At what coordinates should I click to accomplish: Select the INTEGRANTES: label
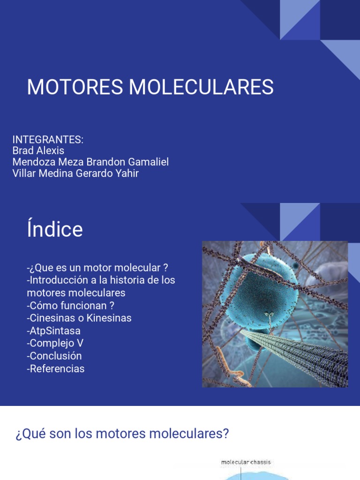[48, 140]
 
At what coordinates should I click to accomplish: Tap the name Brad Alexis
[38, 151]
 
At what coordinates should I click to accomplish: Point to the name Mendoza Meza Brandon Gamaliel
[90, 162]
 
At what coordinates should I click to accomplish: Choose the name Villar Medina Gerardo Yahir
[75, 173]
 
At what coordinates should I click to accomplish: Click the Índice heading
[55, 230]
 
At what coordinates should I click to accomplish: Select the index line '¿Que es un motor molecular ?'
[97, 268]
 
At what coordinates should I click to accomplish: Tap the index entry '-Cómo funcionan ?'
[71, 306]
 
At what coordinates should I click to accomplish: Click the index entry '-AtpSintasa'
[54, 331]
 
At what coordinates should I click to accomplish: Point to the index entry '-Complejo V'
[55, 343]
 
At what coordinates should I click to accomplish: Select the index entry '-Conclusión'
[54, 356]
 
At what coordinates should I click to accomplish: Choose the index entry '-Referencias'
[56, 368]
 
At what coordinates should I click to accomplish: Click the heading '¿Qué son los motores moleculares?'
[122, 434]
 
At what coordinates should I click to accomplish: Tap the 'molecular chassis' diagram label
[246, 463]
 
